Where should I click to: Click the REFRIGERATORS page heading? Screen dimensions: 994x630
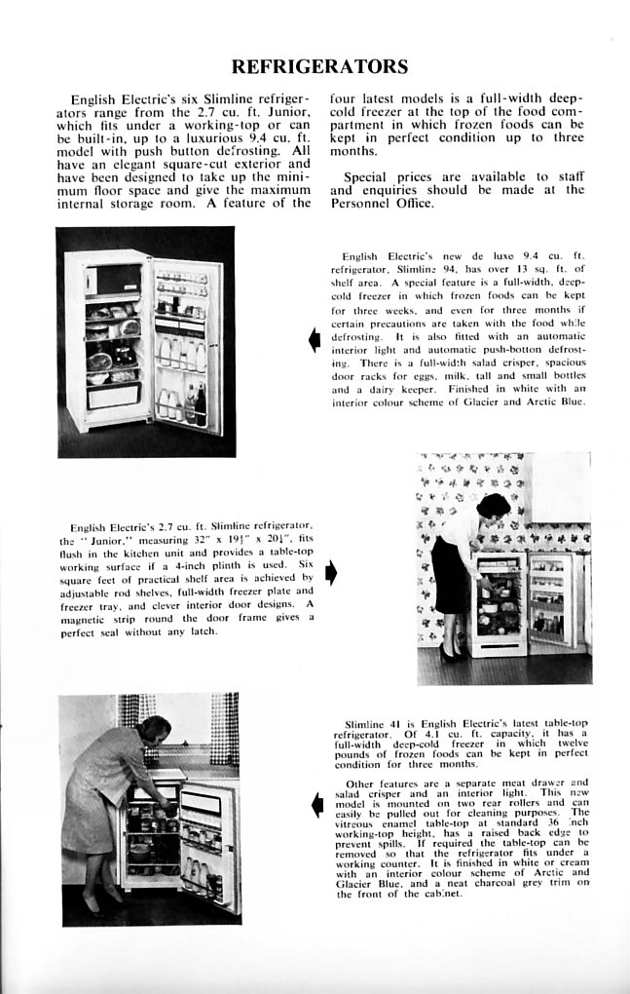coord(318,66)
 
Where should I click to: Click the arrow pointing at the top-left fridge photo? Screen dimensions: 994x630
coord(314,340)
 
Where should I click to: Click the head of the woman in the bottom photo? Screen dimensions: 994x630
coord(157,728)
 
